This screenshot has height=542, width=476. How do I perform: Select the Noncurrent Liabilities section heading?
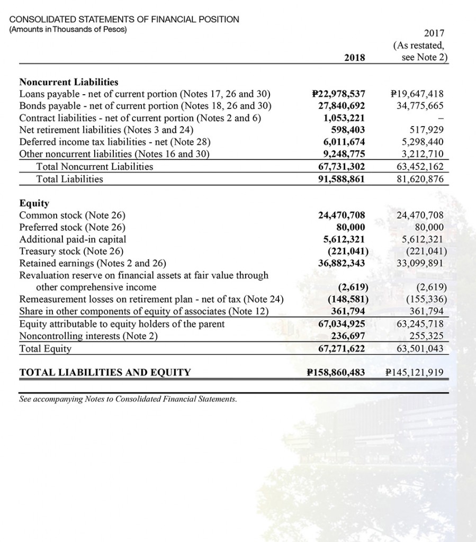click(68, 82)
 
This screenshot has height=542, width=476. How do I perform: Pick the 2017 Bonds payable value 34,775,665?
click(420, 106)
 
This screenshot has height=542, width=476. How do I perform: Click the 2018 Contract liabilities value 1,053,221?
click(344, 118)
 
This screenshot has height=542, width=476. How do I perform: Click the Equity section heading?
click(34, 203)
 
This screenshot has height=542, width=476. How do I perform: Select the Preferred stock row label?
click(72, 227)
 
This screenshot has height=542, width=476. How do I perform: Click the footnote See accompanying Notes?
click(127, 399)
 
